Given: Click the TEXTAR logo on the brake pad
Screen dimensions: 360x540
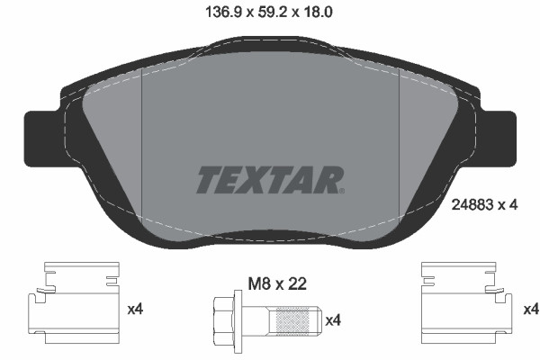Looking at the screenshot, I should click(268, 178).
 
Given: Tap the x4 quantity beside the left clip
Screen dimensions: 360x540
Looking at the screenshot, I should click(136, 310).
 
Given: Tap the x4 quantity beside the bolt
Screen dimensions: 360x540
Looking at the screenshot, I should click(333, 319).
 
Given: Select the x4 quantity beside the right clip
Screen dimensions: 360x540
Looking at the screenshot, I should click(530, 310).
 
